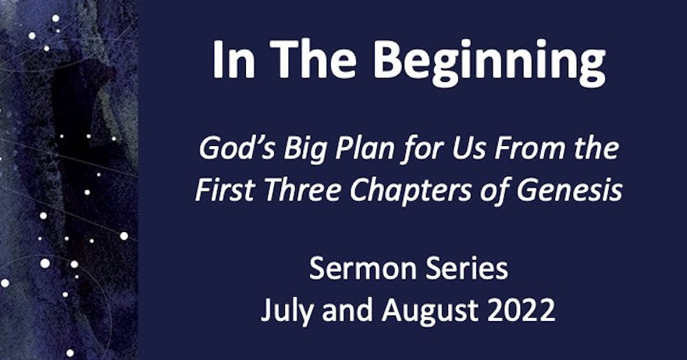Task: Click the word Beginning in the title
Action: [489, 62]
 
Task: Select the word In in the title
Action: [233, 59]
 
